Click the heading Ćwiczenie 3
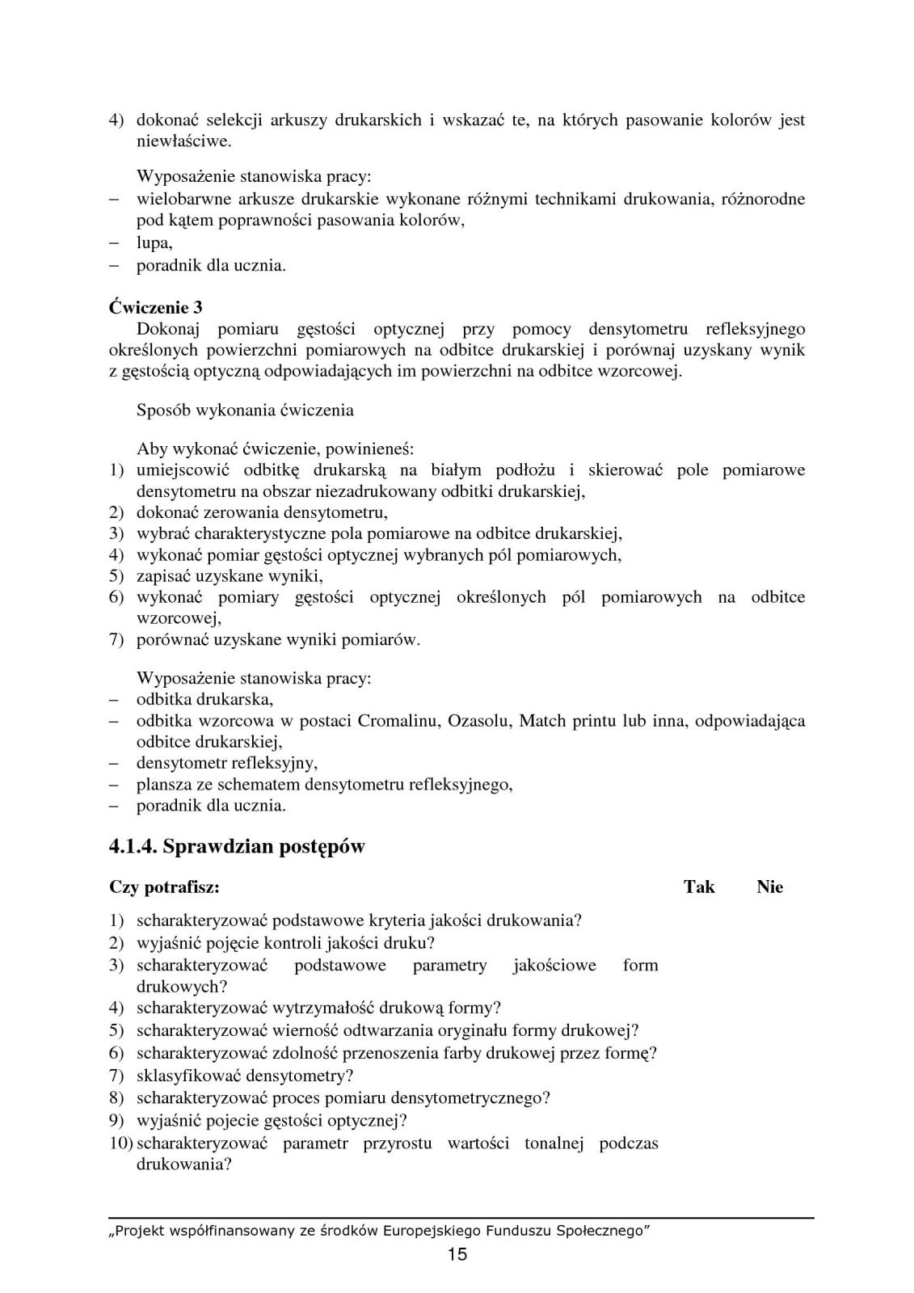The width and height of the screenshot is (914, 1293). coord(156,308)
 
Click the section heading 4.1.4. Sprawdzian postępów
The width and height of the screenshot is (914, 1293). coord(237,846)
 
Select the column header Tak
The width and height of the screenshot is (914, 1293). coord(699,887)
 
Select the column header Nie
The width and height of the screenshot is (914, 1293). coord(769,887)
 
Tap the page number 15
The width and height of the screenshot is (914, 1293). coord(457,1254)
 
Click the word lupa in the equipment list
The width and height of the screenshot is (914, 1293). coord(154,242)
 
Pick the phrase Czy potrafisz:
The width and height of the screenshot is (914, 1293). coord(164,887)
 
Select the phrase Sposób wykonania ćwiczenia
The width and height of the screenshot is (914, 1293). coord(245,410)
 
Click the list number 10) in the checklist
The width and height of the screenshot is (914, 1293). coord(121,1143)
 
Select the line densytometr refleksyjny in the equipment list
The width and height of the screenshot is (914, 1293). coord(226,763)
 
